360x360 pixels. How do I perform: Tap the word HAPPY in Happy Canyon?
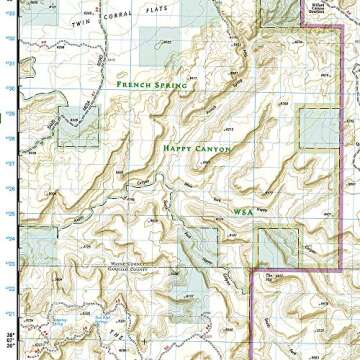(180, 148)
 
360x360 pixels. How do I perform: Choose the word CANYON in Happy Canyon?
(213, 148)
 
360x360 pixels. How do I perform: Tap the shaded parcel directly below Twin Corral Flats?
(155, 47)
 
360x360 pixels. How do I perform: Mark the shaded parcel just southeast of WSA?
(278, 246)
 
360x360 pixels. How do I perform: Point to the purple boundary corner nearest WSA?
(263, 271)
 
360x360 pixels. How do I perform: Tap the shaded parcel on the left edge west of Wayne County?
(38, 245)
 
